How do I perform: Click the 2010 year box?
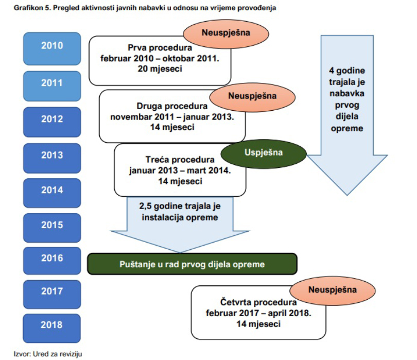(x=52, y=49)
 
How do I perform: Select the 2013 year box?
(x=52, y=158)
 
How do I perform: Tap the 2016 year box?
(x=52, y=261)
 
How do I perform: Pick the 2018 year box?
(x=51, y=329)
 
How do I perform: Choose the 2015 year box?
(x=52, y=228)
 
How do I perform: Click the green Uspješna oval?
(x=264, y=154)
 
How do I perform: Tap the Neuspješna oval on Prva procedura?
(x=226, y=34)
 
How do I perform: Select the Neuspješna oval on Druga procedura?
(x=252, y=97)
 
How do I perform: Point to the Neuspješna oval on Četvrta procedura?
(x=333, y=291)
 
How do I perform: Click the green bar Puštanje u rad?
(x=192, y=264)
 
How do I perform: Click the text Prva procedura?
(x=160, y=47)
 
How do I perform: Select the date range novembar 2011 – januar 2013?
(x=172, y=117)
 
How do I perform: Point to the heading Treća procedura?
(x=180, y=160)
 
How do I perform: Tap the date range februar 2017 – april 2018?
(x=258, y=313)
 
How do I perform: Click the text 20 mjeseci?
(x=160, y=69)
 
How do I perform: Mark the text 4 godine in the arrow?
(x=347, y=71)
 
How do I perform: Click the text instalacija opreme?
(x=180, y=217)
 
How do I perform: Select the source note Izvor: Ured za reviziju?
(x=48, y=354)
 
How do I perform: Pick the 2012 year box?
(x=52, y=122)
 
